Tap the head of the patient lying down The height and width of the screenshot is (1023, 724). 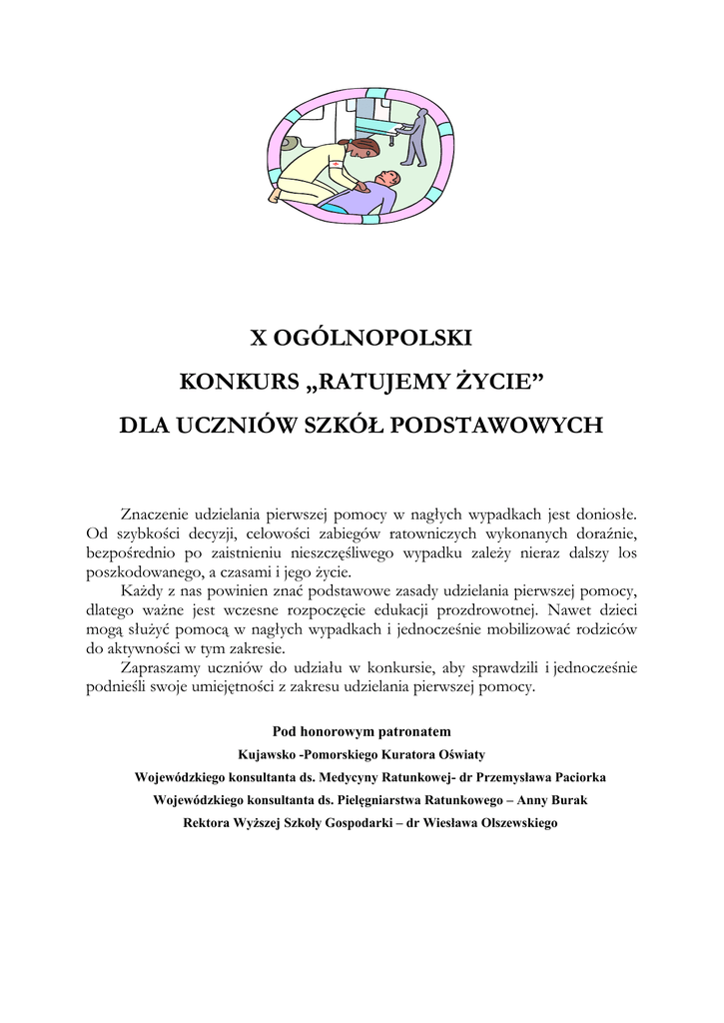click(x=386, y=180)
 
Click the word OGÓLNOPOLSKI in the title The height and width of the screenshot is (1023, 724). click(x=381, y=338)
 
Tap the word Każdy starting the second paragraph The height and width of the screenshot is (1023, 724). click(x=142, y=590)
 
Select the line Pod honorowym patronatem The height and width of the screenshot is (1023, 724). click(x=362, y=730)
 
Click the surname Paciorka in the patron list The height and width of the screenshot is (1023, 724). click(x=564, y=776)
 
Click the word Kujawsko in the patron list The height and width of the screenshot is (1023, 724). click(x=269, y=753)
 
